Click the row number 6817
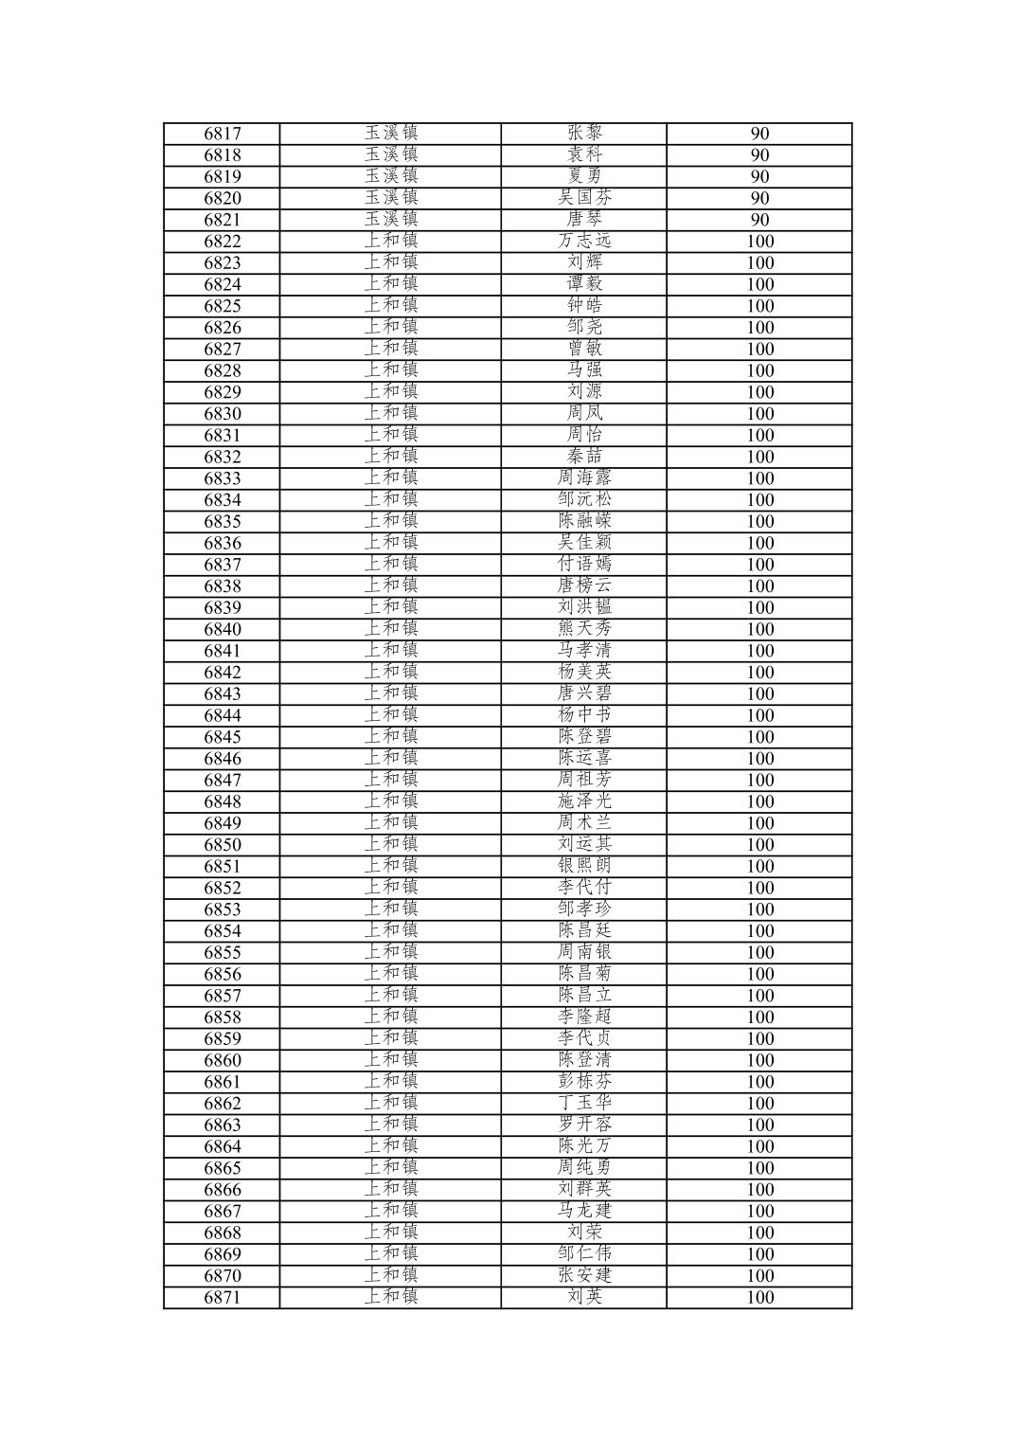pos(223,135)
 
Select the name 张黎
pos(584,134)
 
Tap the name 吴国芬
pos(584,198)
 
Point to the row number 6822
pos(223,242)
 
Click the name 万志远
pos(584,242)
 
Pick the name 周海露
pos(584,478)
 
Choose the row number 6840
pos(223,630)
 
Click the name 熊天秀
pos(584,629)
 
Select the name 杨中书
pos(584,715)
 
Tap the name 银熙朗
pos(584,866)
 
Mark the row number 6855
pos(223,953)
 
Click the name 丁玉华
pos(584,1103)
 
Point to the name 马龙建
pos(584,1211)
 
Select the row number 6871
pos(223,1298)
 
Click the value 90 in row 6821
pos(759,220)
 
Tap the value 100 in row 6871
pos(759,1298)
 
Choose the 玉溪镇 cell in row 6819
pos(391,176)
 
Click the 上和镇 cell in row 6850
pos(391,844)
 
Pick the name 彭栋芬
pos(584,1082)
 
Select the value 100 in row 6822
pos(759,242)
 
